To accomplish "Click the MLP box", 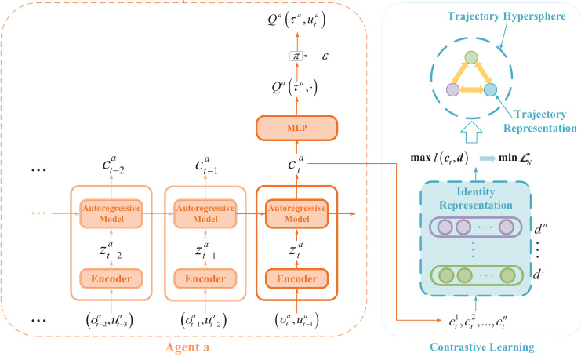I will point(296,127).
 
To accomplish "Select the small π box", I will point(296,56).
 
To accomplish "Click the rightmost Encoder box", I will point(296,278).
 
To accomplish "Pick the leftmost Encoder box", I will point(111,278).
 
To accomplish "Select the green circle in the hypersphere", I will point(470,57).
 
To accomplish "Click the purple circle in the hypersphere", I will point(452,90).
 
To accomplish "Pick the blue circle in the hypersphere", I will point(490,90).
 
